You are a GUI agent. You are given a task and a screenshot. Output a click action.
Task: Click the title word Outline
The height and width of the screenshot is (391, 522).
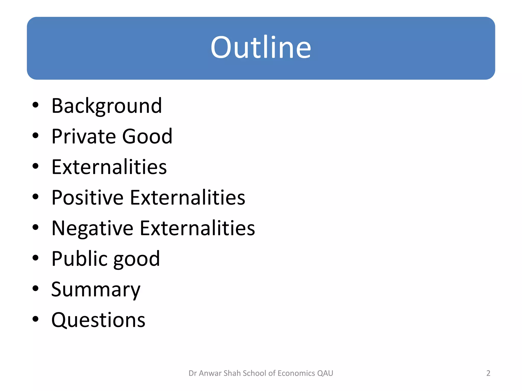point(261,48)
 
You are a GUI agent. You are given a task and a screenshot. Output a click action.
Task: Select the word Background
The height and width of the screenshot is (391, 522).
point(107,106)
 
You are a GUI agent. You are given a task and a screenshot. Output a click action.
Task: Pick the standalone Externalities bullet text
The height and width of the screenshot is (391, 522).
point(109,167)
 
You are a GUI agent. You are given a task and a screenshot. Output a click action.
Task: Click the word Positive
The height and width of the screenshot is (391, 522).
point(87,198)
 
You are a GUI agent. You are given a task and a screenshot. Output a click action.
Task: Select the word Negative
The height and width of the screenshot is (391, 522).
point(92,228)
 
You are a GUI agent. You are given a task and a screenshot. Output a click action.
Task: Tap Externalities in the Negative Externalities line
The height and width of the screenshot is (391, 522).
point(197,228)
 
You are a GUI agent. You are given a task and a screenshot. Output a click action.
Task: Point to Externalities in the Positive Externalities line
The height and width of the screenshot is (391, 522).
point(188,198)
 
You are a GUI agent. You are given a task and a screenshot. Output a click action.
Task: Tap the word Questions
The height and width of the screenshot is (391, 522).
point(98,320)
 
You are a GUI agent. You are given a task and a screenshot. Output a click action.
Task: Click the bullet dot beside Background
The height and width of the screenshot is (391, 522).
point(35,105)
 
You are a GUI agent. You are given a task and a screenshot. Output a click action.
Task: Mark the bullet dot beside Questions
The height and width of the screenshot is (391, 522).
point(35,319)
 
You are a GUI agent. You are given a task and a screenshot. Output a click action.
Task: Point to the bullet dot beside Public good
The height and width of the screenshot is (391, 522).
point(35,258)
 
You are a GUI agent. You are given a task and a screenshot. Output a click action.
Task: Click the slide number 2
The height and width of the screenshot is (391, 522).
point(488,373)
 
